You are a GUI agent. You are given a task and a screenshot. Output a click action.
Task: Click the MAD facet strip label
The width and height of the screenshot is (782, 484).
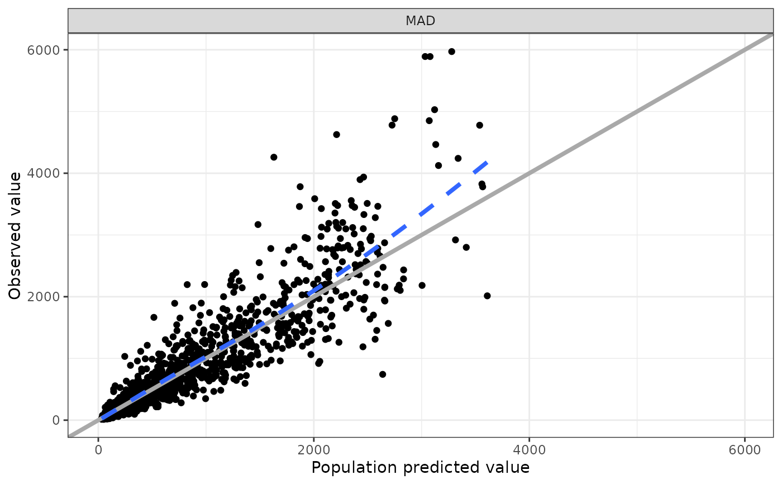(420, 21)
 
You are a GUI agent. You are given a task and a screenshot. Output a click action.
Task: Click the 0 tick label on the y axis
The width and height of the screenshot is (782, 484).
(56, 420)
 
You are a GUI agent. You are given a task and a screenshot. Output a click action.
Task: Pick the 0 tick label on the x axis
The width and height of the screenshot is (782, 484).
(98, 449)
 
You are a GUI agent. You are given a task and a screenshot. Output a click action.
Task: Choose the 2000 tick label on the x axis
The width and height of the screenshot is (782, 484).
(314, 449)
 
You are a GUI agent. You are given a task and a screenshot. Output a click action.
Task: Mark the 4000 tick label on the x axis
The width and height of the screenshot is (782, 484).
(529, 449)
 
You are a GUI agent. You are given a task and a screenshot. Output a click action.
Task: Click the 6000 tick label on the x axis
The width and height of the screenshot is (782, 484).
(745, 449)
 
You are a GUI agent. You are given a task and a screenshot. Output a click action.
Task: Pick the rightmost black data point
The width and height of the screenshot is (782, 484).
(487, 296)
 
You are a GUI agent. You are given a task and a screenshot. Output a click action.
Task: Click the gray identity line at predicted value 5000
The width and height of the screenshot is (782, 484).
(637, 111)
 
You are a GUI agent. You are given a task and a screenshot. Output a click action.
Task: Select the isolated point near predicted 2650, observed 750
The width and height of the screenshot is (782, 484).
(383, 374)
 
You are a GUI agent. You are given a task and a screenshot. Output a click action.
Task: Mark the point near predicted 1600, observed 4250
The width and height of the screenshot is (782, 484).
(274, 157)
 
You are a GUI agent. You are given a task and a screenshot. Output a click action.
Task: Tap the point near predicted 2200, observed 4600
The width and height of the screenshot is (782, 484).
(336, 135)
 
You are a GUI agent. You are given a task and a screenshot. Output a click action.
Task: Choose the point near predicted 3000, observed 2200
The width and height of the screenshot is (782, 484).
(422, 286)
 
